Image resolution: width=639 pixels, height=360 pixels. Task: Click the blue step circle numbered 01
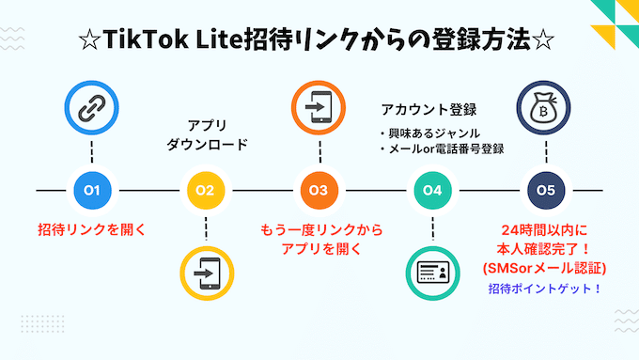[92, 191]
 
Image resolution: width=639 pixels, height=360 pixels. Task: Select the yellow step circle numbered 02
[205, 191]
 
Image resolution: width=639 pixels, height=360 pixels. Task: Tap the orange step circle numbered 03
[319, 191]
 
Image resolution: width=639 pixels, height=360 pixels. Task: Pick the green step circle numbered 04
[431, 191]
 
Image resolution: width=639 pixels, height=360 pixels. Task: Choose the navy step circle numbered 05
[545, 191]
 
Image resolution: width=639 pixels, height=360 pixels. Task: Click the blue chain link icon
[92, 108]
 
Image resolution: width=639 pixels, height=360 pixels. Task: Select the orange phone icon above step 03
[319, 108]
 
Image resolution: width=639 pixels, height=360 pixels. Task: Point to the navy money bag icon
[545, 108]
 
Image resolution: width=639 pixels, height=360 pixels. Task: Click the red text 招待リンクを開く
[91, 230]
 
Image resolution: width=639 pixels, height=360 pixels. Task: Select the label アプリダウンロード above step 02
[205, 135]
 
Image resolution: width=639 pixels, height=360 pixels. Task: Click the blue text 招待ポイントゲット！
[545, 289]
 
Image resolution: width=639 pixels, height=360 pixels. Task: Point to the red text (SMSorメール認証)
[545, 269]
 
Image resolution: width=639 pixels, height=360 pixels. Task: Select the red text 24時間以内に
[545, 231]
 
